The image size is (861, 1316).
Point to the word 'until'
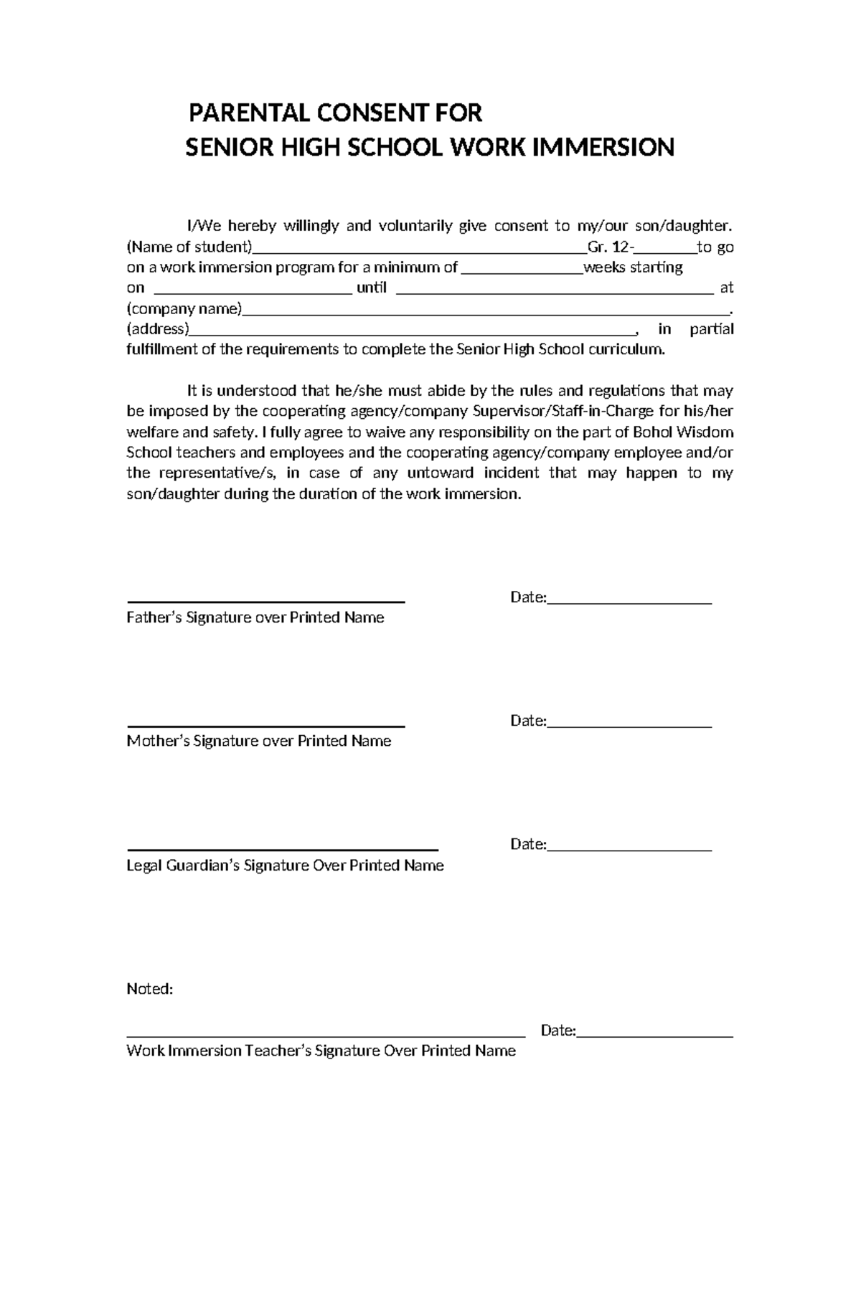(x=371, y=288)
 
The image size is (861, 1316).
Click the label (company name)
(x=184, y=309)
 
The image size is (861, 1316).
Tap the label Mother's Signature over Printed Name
(x=258, y=741)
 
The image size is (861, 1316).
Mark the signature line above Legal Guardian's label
(x=282, y=848)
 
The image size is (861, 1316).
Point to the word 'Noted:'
(x=150, y=989)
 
